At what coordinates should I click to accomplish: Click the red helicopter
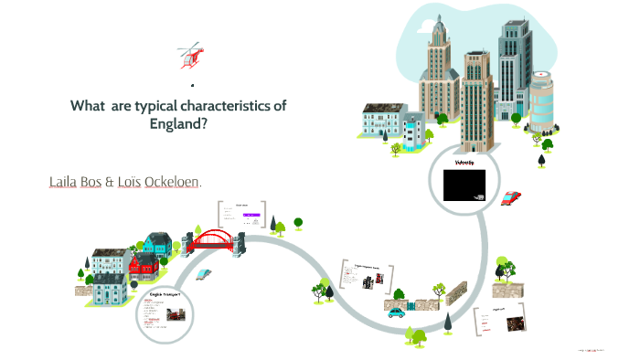(x=191, y=56)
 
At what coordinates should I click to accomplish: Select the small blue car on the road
(x=395, y=312)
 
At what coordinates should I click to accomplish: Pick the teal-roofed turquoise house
(x=156, y=243)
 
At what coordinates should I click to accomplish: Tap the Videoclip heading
(x=465, y=163)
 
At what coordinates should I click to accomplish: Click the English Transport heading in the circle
(x=165, y=294)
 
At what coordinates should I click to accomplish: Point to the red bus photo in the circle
(x=176, y=315)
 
